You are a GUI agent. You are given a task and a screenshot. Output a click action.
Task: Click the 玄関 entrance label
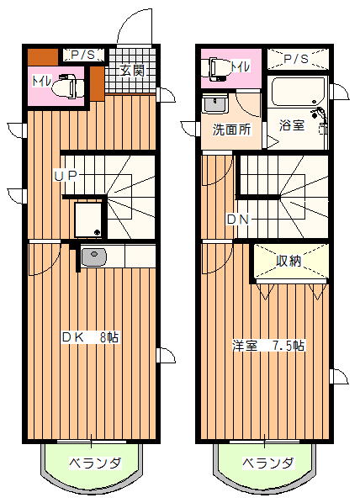[132, 71]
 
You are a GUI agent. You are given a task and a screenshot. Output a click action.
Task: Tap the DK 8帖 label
[90, 337]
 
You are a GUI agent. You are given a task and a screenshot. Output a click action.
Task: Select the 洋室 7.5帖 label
[268, 346]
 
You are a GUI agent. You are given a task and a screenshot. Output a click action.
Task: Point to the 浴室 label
[292, 125]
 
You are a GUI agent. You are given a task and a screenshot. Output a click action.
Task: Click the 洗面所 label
[231, 130]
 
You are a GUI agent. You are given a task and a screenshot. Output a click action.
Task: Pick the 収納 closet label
[289, 261]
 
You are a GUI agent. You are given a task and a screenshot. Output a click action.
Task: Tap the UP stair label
[66, 176]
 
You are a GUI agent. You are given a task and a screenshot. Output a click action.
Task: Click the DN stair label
[238, 220]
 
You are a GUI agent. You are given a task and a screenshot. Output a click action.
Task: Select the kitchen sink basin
[93, 257]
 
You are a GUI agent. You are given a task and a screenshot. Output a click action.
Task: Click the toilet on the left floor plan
[68, 86]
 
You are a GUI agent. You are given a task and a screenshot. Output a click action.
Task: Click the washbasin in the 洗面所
[215, 104]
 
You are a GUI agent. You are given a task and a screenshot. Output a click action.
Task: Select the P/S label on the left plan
[83, 55]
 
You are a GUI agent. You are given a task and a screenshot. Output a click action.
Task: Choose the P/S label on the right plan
[296, 59]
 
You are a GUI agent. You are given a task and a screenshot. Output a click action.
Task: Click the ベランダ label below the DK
[95, 463]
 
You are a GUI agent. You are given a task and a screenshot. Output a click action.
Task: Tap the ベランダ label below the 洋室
[268, 463]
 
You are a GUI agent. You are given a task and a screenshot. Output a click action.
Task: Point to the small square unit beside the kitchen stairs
[88, 220]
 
